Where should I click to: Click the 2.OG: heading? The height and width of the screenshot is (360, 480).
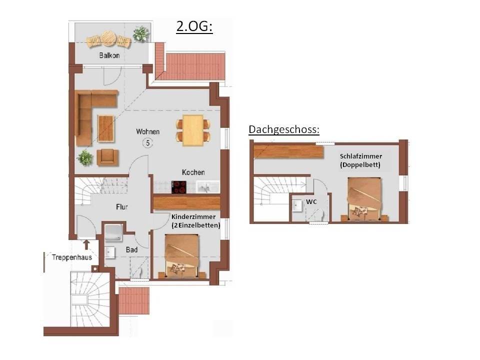tap(194, 26)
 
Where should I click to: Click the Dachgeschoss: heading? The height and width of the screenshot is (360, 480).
tap(284, 129)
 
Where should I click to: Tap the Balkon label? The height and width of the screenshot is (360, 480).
tap(109, 55)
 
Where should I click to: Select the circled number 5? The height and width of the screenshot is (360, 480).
tap(148, 142)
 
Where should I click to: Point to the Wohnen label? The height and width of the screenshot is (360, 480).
tap(148, 131)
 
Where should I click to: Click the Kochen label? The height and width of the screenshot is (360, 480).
tap(193, 172)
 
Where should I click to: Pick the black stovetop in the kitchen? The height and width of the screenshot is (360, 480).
tap(179, 187)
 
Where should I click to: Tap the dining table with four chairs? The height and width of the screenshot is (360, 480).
tap(193, 130)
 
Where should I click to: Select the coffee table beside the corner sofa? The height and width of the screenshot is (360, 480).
tap(106, 128)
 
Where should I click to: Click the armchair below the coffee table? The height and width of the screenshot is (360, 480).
tap(107, 157)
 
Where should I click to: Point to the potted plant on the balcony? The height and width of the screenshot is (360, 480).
tap(141, 33)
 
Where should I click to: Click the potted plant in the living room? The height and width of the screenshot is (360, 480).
tap(85, 157)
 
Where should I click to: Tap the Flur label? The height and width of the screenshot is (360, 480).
tap(122, 207)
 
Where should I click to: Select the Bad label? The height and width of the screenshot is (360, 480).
tap(131, 250)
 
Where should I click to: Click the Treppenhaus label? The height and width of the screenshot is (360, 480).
tap(72, 257)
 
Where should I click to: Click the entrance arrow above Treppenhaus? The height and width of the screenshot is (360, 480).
tap(86, 244)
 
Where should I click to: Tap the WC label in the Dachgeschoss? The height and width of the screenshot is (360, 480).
tap(311, 201)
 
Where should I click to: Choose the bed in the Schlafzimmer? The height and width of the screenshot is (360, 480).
tap(364, 199)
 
